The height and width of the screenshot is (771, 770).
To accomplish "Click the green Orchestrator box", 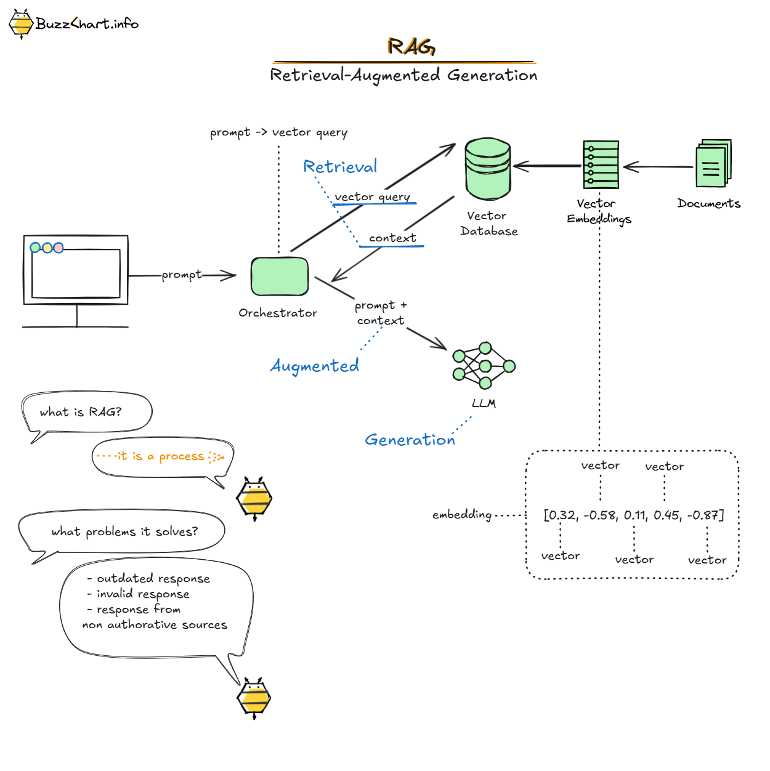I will pos(280,277).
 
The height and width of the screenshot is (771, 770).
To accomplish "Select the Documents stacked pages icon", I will pos(713,164).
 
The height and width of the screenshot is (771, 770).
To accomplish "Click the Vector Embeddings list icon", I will pos(601,164).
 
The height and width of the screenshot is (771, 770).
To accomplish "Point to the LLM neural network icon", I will pos(484,366).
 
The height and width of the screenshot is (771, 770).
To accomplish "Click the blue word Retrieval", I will pos(340,166).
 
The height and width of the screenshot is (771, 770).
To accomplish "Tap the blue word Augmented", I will pos(314,366).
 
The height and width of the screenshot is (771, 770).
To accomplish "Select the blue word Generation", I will pos(410,440).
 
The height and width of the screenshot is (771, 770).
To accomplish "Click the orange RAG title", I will pos(411,46).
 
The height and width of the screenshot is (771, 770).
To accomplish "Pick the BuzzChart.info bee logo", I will pos(22,24).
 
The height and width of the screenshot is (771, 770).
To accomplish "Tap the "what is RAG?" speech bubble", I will pos(81,412).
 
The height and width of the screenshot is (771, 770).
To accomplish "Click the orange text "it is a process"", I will pos(160,456).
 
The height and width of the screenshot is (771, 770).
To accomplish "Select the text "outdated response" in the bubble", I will pos(153,578).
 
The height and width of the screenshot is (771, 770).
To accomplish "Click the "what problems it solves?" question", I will pos(124,531).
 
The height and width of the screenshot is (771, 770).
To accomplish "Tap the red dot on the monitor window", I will pos(59,248).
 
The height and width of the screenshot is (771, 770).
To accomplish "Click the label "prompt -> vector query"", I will pos(278,132).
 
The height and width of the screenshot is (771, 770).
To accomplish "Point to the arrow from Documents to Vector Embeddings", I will pos(657,166).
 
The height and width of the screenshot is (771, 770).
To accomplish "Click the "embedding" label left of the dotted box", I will pos(461,514).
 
